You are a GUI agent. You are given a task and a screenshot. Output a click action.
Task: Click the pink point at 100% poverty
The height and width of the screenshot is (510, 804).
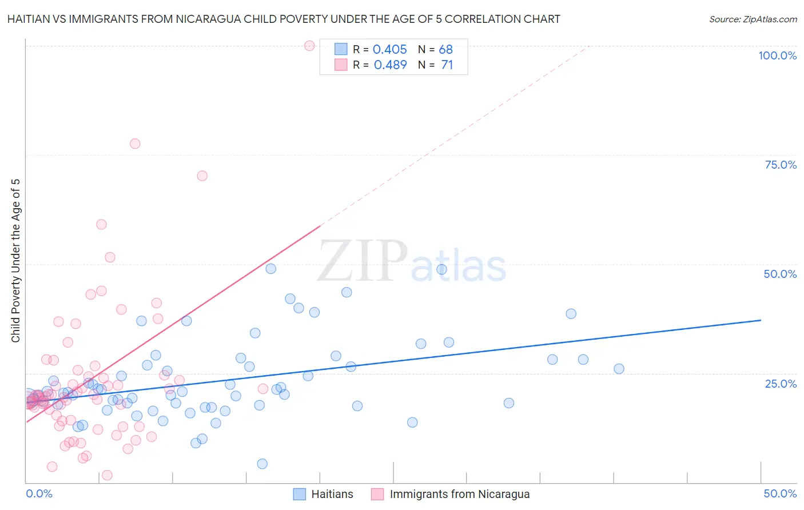[x=309, y=46]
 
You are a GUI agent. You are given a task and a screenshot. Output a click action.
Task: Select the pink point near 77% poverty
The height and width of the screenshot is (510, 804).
[x=135, y=144]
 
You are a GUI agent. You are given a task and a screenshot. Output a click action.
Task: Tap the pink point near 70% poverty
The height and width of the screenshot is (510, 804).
[x=202, y=176]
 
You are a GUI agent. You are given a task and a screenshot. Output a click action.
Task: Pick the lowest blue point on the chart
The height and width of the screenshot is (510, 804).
[x=262, y=464]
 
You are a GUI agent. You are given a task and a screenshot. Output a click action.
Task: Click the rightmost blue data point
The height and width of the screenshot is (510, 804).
[x=619, y=369]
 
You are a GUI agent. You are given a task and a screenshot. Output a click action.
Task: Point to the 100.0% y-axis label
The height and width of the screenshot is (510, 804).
[x=777, y=55]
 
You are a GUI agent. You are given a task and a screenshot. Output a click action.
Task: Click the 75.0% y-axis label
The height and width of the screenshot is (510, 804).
[x=781, y=165]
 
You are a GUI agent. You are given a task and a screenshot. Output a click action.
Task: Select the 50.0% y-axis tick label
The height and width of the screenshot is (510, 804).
[x=780, y=274]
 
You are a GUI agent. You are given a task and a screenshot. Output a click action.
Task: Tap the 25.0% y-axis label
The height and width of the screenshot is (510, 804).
[x=781, y=383]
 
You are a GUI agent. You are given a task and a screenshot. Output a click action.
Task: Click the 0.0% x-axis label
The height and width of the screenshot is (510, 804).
[x=39, y=493]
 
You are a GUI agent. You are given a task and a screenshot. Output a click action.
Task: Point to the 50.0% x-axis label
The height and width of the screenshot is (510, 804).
[x=780, y=493]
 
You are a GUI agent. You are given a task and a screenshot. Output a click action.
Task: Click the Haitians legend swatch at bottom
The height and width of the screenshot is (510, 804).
[x=299, y=494]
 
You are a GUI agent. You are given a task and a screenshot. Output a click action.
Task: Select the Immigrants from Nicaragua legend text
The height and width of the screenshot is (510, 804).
[x=460, y=494]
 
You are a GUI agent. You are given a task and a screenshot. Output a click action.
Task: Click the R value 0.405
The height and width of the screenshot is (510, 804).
[x=390, y=50]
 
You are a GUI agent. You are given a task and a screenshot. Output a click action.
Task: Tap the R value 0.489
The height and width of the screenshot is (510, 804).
[x=390, y=65]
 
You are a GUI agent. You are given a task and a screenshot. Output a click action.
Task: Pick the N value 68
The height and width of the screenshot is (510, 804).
[x=446, y=50]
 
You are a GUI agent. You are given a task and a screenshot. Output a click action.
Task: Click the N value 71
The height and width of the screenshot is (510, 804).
[x=447, y=65]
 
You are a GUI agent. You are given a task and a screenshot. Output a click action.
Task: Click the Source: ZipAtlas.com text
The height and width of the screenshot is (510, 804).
[x=753, y=19]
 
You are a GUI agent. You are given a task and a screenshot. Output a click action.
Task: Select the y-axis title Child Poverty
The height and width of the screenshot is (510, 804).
[x=16, y=261]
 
